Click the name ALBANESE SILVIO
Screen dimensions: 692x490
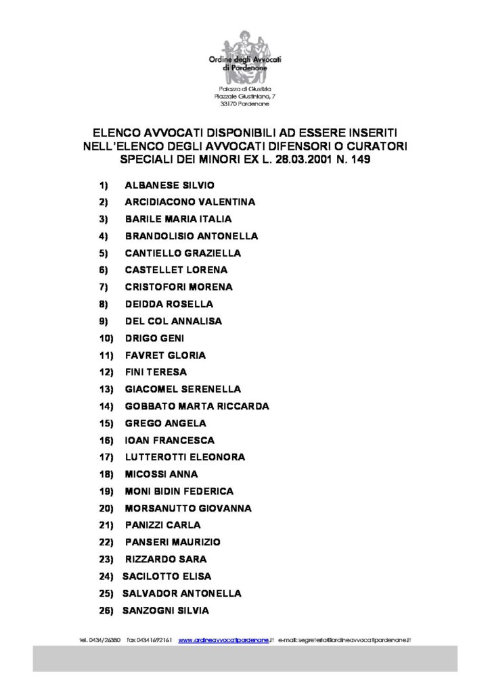point(170,184)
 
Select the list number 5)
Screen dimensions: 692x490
point(104,253)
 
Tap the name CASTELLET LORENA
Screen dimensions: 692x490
point(176,270)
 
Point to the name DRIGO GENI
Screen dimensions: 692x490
point(154,338)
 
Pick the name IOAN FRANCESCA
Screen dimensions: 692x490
point(170,440)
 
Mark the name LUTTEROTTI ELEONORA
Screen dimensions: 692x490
point(185,457)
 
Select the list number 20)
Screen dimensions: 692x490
point(105,508)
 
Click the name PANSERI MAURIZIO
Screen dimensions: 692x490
point(173,542)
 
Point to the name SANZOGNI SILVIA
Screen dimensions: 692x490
point(166,610)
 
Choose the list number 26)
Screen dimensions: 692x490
point(105,610)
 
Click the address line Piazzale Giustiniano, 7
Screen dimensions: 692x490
point(244,97)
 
